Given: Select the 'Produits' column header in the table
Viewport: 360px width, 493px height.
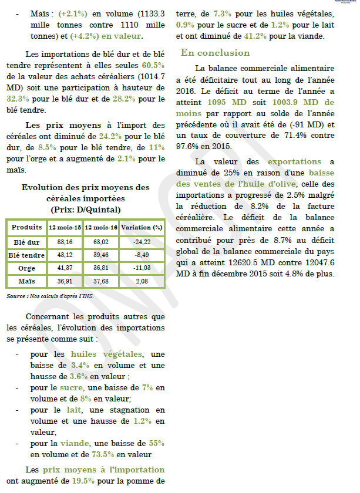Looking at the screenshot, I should click(x=26, y=227).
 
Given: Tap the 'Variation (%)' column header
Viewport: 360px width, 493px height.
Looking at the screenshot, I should click(x=141, y=227).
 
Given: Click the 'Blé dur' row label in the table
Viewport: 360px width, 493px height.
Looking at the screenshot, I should click(x=26, y=241).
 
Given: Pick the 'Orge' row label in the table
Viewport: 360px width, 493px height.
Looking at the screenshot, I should click(x=26, y=268).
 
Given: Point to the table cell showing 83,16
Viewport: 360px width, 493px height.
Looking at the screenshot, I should click(x=65, y=241).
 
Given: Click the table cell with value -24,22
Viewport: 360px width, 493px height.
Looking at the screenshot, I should click(x=141, y=241).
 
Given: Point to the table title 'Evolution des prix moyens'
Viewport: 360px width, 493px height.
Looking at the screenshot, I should click(x=85, y=187).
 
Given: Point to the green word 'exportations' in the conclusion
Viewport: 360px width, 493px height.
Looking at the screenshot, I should click(x=294, y=161).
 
